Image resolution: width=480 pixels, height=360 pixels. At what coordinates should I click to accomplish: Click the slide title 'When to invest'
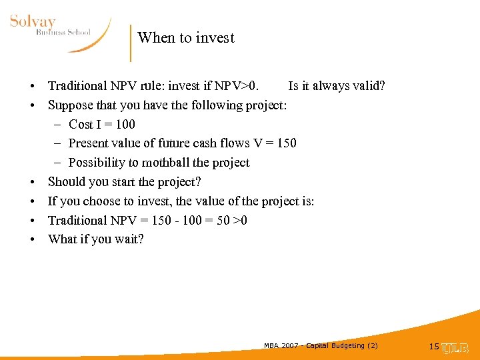(186, 38)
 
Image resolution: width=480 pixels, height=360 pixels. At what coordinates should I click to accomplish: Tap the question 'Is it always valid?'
(337, 85)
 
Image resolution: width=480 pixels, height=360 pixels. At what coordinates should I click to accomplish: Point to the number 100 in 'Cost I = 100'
(125, 124)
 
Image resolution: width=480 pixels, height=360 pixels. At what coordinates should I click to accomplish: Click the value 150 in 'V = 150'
(286, 143)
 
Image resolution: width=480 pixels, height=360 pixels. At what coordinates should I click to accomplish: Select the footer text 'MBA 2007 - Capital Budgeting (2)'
(321, 345)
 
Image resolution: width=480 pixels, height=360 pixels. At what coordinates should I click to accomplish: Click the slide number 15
(434, 347)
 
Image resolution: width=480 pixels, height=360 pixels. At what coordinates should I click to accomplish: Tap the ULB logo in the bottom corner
(456, 347)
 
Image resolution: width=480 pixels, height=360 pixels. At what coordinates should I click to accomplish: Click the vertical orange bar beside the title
(131, 43)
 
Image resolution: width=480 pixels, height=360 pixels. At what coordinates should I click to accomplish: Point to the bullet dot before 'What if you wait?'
(32, 240)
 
